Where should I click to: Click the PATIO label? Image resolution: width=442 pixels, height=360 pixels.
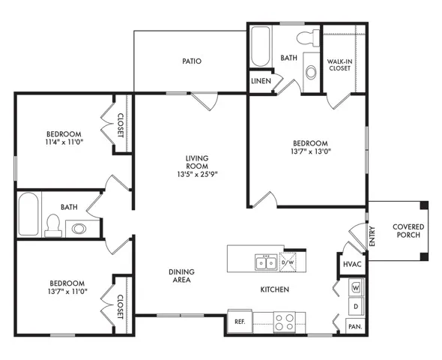click(192, 61)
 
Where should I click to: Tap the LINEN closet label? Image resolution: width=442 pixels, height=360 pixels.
click(261, 81)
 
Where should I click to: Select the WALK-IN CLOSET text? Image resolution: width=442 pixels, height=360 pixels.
click(339, 64)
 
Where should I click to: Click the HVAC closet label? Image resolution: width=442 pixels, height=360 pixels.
click(352, 264)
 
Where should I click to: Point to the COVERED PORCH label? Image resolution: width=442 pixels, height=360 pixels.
click(408, 231)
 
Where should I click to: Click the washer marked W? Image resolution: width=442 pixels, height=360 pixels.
click(356, 288)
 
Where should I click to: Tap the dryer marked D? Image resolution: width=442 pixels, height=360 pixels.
click(356, 307)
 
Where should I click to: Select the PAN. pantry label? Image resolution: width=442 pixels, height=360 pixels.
click(355, 327)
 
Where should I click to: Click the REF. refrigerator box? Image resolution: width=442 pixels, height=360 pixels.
click(240, 321)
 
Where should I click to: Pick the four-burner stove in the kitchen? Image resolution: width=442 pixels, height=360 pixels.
click(285, 322)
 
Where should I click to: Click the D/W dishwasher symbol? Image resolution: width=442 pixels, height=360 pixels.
click(288, 262)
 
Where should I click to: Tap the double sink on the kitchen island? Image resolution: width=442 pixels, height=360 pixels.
click(266, 262)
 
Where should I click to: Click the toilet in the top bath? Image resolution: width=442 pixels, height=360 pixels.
click(308, 39)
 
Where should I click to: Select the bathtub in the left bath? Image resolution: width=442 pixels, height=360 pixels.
click(28, 214)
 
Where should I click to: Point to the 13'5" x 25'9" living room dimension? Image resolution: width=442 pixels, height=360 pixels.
click(197, 174)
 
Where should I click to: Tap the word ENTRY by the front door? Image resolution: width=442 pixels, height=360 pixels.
click(372, 236)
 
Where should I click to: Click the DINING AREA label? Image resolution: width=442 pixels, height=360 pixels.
click(181, 276)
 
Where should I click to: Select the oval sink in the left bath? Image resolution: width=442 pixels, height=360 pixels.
click(79, 229)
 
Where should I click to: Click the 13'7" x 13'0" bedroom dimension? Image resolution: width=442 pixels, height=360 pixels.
click(311, 151)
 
